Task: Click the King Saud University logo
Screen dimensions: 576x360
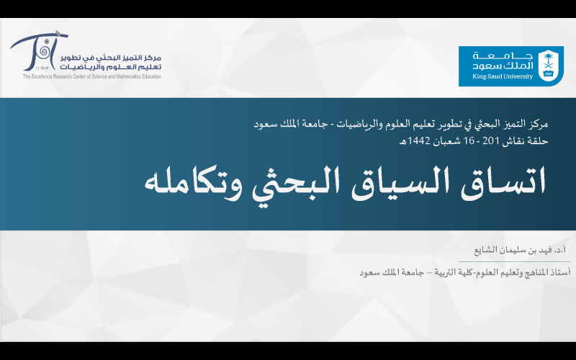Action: tap(511, 66)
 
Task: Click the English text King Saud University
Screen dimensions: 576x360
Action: tap(503, 76)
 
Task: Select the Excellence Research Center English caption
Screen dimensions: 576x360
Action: tap(92, 76)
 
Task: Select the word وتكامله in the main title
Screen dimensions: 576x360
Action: tap(193, 182)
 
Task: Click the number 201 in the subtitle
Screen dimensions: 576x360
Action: tap(490, 140)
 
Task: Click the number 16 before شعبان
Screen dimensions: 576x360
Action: tap(469, 140)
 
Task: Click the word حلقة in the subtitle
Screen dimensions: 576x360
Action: tap(539, 140)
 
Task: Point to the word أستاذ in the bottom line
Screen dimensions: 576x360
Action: tap(562, 272)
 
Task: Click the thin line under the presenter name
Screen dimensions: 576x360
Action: tap(515, 261)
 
